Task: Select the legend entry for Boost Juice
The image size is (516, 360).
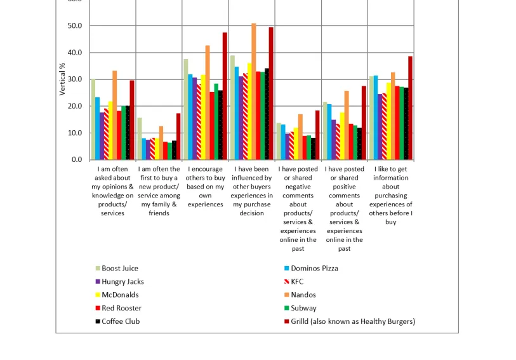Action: pos(119,269)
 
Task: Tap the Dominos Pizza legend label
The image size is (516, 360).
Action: pos(315,269)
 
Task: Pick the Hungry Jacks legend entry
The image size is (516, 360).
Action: pos(122,282)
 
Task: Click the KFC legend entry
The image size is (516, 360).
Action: pos(297,282)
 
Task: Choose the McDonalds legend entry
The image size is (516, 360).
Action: pos(120,295)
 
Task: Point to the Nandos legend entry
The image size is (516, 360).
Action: pos(303,295)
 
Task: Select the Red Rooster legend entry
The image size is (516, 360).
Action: pos(121,308)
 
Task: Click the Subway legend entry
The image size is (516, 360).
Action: pos(303,308)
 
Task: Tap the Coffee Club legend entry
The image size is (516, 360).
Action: pos(121,321)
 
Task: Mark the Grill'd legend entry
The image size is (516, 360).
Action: pos(353,321)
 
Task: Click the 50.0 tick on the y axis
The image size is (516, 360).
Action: pos(75,26)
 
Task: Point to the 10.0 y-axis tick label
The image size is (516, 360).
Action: pos(75,133)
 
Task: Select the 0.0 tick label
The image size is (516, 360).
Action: pos(77,160)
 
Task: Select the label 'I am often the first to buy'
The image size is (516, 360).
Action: pos(159,191)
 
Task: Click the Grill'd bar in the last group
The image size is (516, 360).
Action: pos(410,108)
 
